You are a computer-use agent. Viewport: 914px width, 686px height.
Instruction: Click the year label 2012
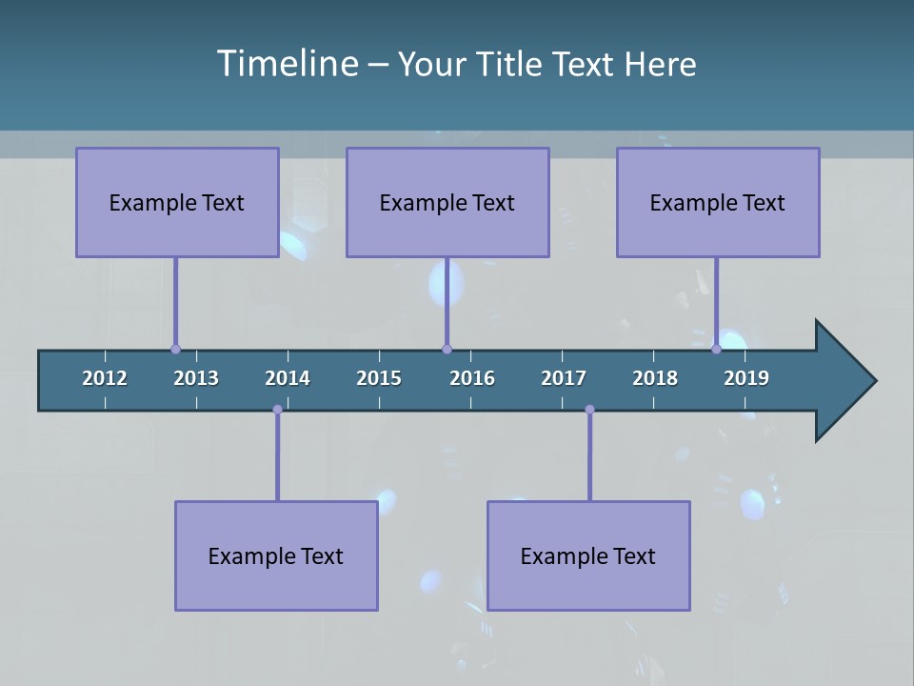pos(105,378)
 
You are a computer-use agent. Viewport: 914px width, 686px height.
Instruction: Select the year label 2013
pos(196,378)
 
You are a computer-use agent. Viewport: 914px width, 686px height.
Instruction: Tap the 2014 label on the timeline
pos(288,378)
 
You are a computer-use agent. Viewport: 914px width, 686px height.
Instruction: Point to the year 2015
pos(379,378)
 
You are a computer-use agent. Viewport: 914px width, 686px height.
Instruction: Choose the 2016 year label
pos(472,378)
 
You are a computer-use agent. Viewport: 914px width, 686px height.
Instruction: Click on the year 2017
pos(564,378)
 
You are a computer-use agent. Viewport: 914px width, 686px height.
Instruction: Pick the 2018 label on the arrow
pos(655,378)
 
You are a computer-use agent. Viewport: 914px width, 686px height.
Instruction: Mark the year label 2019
pos(746,378)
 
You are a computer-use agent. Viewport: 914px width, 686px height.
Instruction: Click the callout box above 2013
pos(177,202)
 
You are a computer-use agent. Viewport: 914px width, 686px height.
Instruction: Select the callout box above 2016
pos(447,202)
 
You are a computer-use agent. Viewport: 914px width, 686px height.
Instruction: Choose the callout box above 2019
pos(718,202)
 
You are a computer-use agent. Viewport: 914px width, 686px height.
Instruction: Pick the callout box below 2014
pos(276,555)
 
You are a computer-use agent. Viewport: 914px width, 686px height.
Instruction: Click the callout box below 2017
pos(588,555)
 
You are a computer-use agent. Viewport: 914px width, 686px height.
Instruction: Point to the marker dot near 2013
pos(175,350)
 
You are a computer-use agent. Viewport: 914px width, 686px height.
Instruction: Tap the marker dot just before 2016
pos(447,350)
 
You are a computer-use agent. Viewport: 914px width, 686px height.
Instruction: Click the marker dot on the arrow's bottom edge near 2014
pos(277,410)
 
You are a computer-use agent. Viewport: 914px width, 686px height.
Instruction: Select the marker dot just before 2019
pos(717,350)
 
